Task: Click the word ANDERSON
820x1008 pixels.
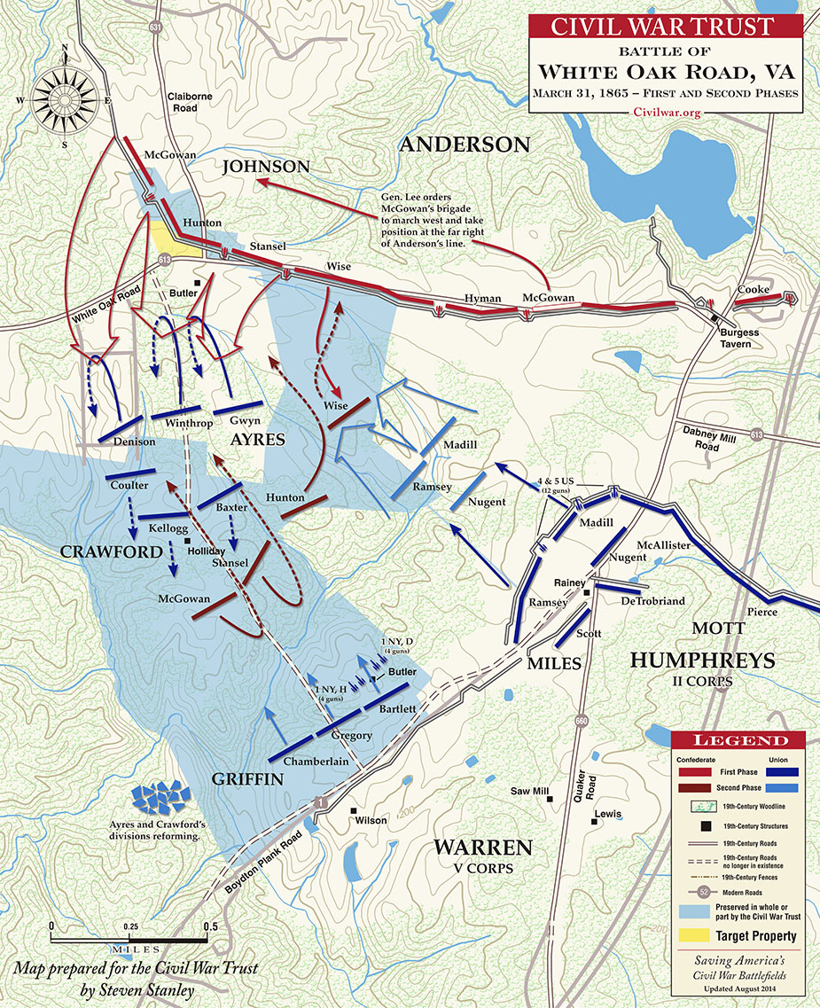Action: [464, 145]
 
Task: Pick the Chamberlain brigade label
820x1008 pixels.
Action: [313, 761]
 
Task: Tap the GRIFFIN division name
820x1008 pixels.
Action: [247, 779]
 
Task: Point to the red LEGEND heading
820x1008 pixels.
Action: [742, 740]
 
